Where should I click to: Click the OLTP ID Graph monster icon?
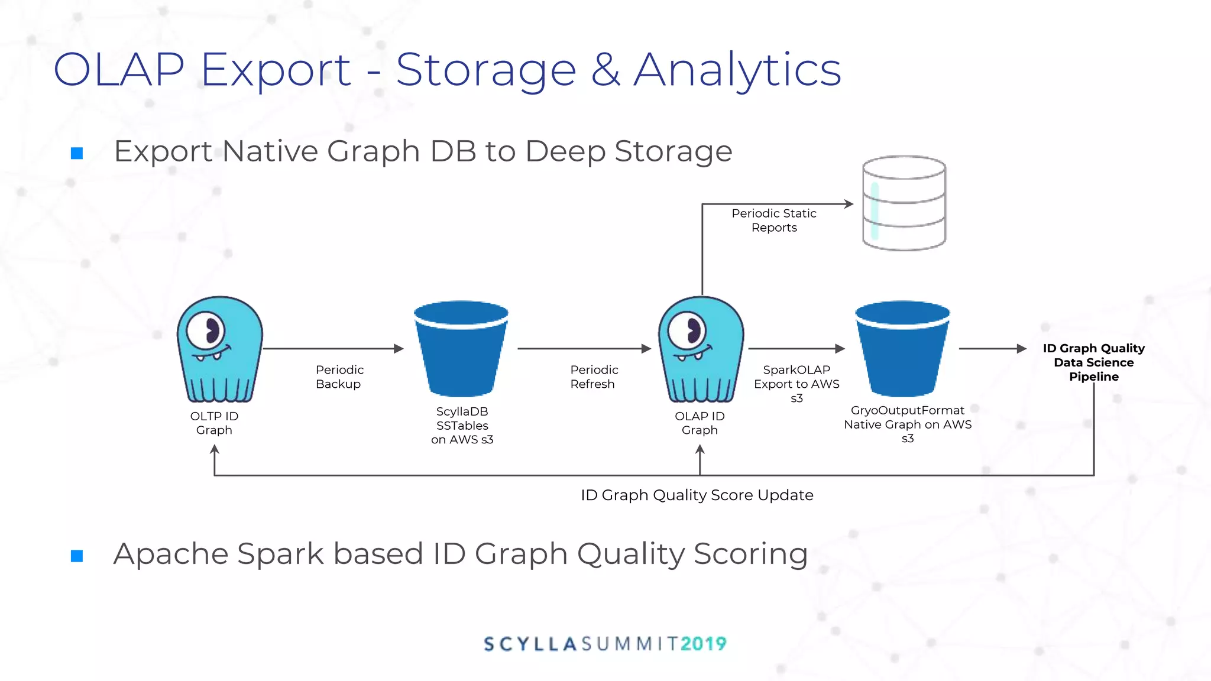tap(219, 349)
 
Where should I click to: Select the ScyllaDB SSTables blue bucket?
tap(461, 349)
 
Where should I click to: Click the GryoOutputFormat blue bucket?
tap(902, 349)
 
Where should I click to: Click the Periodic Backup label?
tap(339, 377)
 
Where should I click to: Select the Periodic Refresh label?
tap(594, 377)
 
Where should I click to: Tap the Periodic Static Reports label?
tap(774, 220)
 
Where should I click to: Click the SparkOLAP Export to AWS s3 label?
tap(796, 384)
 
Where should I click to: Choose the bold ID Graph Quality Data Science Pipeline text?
tap(1093, 362)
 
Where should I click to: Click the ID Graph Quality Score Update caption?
tap(697, 495)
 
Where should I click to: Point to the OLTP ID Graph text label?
tap(214, 423)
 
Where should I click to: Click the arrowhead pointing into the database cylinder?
tap(849, 204)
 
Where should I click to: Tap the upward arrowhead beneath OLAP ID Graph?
tap(700, 450)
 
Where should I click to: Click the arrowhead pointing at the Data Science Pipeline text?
tap(1021, 349)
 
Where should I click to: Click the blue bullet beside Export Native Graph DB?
tap(77, 154)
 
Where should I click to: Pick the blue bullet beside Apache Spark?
tap(77, 556)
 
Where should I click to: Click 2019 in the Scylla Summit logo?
tap(703, 644)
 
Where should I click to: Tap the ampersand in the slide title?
tap(605, 70)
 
